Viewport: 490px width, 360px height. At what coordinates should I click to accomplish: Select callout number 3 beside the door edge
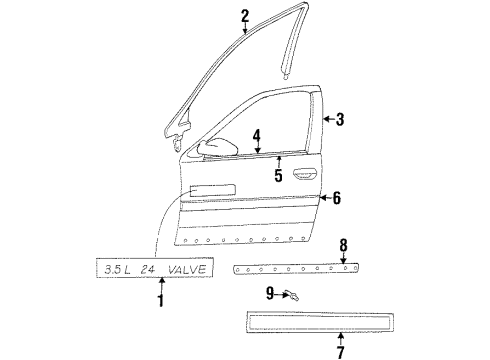[340, 120]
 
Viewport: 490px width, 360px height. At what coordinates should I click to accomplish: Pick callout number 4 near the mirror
[257, 135]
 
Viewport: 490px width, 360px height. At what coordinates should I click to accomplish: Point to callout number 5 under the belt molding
[278, 177]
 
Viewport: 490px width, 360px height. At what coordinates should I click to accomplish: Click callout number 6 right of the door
[336, 198]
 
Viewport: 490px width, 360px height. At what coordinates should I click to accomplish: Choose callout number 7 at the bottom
[342, 352]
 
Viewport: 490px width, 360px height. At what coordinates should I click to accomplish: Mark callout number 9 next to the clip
[270, 293]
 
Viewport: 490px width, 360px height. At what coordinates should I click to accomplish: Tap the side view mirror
[212, 150]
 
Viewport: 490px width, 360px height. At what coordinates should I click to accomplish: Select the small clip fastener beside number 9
[292, 294]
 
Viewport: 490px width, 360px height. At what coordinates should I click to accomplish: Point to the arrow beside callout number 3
[327, 120]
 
